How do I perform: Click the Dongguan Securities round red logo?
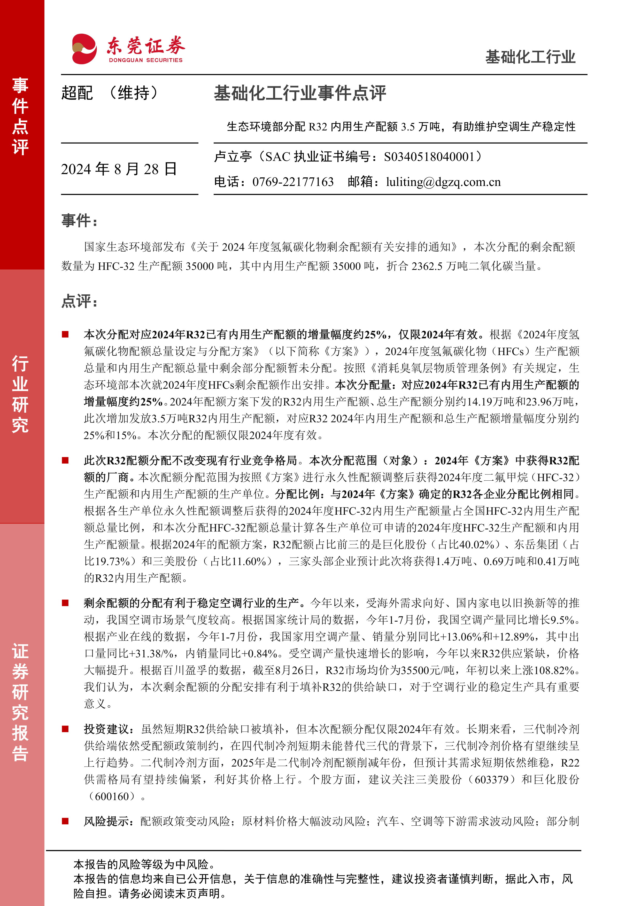[84, 49]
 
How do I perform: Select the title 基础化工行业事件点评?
[300, 93]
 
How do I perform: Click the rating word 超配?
[77, 93]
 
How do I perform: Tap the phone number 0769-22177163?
[293, 182]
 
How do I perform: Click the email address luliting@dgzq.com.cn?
[443, 182]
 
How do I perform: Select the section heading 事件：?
[79, 221]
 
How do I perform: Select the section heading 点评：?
[79, 301]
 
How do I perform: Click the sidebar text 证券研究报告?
[20, 702]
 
